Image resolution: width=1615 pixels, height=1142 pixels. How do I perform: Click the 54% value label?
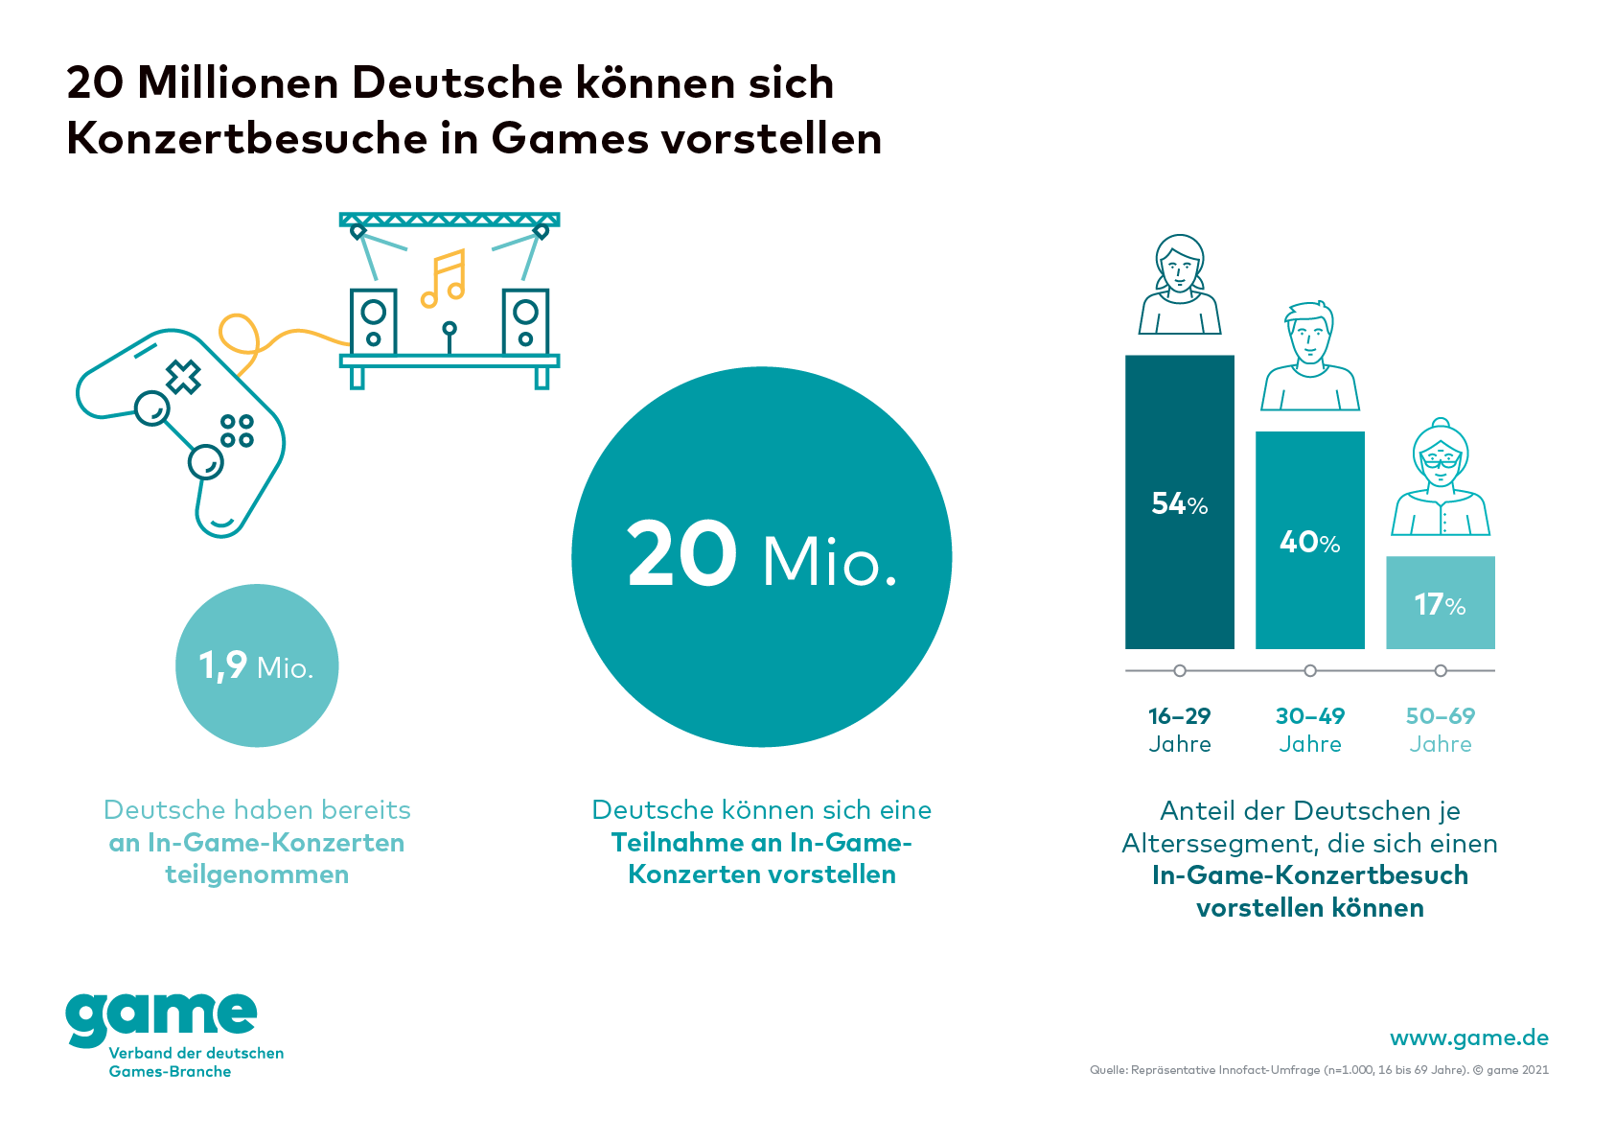click(x=1179, y=503)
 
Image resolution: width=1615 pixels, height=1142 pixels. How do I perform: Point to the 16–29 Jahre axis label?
click(x=1179, y=730)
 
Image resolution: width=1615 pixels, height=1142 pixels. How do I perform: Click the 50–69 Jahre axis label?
click(x=1440, y=730)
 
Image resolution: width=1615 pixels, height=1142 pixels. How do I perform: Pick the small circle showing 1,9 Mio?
click(x=257, y=665)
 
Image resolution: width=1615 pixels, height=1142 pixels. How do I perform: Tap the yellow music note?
click(x=444, y=279)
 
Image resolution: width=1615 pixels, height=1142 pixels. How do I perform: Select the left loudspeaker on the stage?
click(x=373, y=322)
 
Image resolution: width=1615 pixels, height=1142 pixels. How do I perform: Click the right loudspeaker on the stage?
click(x=525, y=322)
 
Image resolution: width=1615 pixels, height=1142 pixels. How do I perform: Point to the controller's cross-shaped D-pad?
click(x=183, y=377)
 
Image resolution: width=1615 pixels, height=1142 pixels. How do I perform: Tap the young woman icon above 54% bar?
click(x=1179, y=285)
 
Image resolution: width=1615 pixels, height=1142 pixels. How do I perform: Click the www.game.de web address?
click(x=1468, y=1037)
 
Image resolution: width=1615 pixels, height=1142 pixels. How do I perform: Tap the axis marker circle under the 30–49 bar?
click(x=1309, y=670)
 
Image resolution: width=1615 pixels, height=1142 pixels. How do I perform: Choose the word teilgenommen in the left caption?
click(x=257, y=874)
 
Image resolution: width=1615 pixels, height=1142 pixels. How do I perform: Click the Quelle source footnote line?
click(x=1318, y=1070)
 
